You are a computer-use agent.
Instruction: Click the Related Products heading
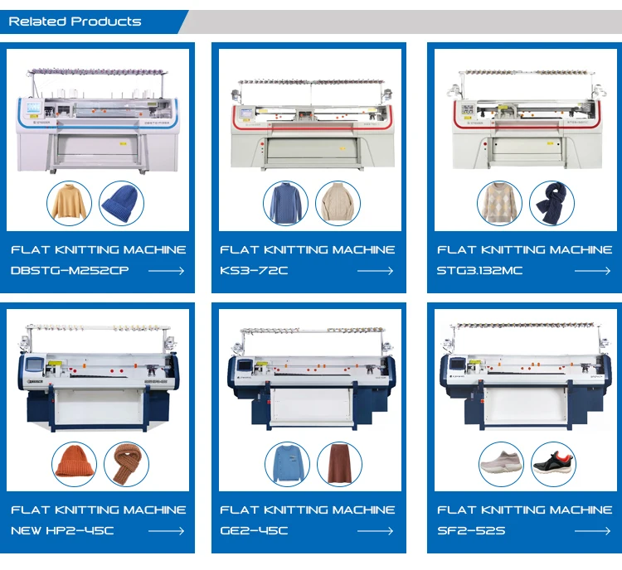pyautogui.click(x=75, y=22)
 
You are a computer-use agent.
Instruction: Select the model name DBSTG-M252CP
pyautogui.click(x=70, y=271)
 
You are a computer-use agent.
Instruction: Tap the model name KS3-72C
pyautogui.click(x=254, y=271)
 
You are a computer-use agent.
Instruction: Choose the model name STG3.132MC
pyautogui.click(x=480, y=271)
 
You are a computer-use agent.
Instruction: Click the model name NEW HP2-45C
pyautogui.click(x=62, y=530)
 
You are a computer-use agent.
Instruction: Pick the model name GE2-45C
pyautogui.click(x=254, y=530)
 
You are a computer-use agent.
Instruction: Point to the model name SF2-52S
pyautogui.click(x=470, y=530)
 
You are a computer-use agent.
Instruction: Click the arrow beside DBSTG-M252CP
pyautogui.click(x=166, y=271)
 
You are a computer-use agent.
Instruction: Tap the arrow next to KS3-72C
pyautogui.click(x=375, y=271)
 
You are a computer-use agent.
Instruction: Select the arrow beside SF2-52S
pyautogui.click(x=592, y=530)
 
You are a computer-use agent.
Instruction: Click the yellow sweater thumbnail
pyautogui.click(x=70, y=204)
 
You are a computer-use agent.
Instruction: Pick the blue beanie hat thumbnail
pyautogui.click(x=121, y=204)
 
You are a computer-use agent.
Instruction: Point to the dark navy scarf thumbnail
pyautogui.click(x=551, y=204)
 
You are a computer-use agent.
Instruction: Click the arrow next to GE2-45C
pyautogui.click(x=375, y=530)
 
